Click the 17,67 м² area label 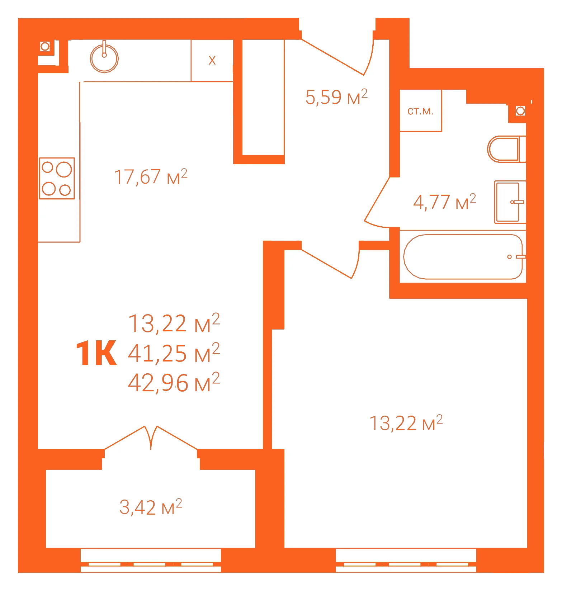point(151,177)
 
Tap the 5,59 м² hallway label point(336,97)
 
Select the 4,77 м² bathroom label point(445,202)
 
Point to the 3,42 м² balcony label point(151,507)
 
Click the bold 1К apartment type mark point(96,354)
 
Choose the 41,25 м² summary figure point(174,353)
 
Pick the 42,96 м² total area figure point(174,383)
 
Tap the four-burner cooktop point(57,178)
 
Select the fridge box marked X point(212,60)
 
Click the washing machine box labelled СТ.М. point(421,110)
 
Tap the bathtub point(463,257)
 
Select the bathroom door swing point(377,203)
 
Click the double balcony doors point(151,438)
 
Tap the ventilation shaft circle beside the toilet point(520,111)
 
